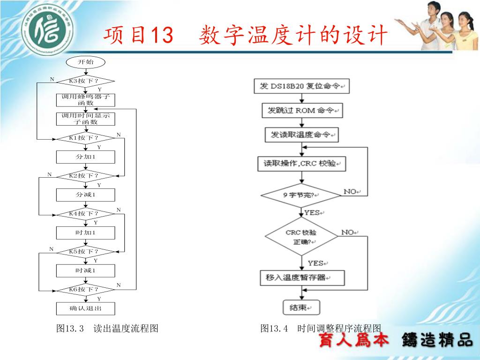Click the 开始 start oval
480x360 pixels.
point(85,62)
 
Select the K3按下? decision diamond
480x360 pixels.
point(85,81)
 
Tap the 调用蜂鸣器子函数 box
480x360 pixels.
point(85,100)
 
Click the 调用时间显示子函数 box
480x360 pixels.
point(85,119)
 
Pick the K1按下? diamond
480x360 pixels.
point(85,138)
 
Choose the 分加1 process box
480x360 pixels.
point(85,157)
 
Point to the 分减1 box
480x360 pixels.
point(85,195)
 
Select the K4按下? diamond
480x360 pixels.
point(85,214)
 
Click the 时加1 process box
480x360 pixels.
point(85,232)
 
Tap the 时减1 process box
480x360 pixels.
point(85,270)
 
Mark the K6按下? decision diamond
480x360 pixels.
point(85,289)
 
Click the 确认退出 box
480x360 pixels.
point(85,308)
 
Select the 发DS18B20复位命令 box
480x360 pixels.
point(301,87)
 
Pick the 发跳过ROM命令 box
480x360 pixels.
point(301,111)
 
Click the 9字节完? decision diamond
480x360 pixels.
point(301,195)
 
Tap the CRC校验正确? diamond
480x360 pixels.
point(301,237)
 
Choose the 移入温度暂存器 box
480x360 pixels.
point(302,277)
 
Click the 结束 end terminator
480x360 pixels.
point(300,307)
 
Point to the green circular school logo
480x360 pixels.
point(51,31)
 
